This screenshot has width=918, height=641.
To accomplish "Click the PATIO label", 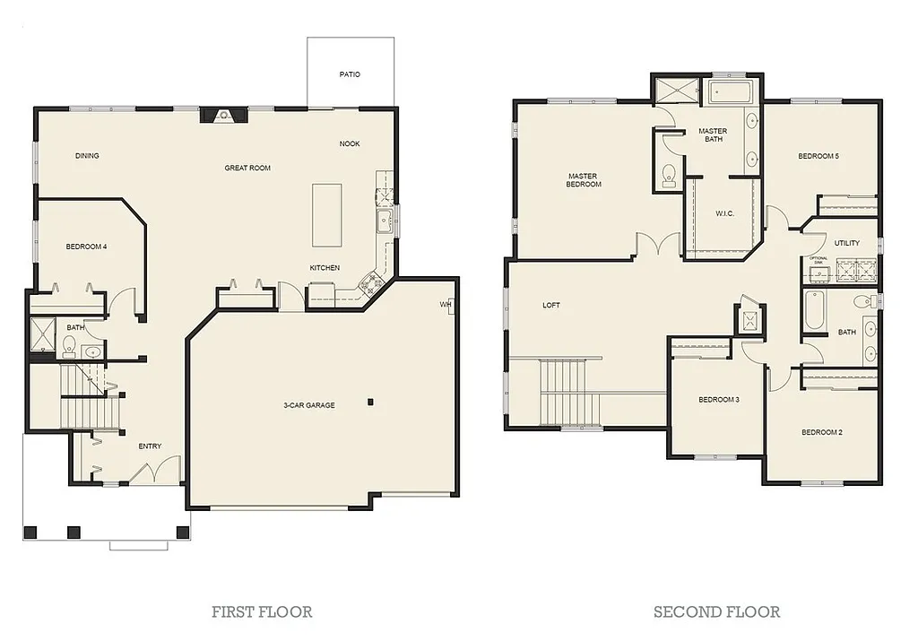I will (350, 74).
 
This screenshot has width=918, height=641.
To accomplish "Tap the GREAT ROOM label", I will (247, 168).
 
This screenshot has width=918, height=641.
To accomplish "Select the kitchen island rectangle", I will (327, 214).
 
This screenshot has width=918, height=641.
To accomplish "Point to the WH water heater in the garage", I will (446, 305).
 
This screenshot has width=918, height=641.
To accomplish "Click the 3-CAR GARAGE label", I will (309, 405).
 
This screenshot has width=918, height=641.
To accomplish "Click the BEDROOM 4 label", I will (86, 247).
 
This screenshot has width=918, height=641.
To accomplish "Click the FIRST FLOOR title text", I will (262, 612).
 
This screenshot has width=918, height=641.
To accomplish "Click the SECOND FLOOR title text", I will (716, 612).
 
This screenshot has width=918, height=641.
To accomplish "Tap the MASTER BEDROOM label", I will (584, 180).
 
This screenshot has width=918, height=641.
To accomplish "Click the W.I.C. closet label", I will (725, 213).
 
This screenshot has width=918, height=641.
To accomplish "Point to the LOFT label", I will (551, 305).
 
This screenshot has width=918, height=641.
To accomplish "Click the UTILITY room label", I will (846, 243).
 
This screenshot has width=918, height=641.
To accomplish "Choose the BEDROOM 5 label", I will (818, 156).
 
